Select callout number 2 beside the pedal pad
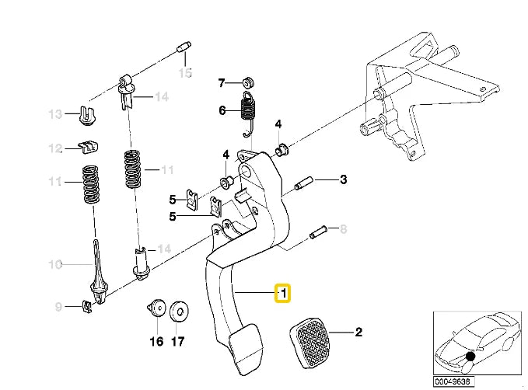(359, 333)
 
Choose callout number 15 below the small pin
(184, 74)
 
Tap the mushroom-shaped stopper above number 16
(156, 308)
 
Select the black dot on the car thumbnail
(470, 357)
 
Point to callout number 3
(343, 180)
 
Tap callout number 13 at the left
(55, 115)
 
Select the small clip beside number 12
(88, 147)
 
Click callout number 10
(55, 265)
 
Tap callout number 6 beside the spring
(222, 111)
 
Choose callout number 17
(178, 340)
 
